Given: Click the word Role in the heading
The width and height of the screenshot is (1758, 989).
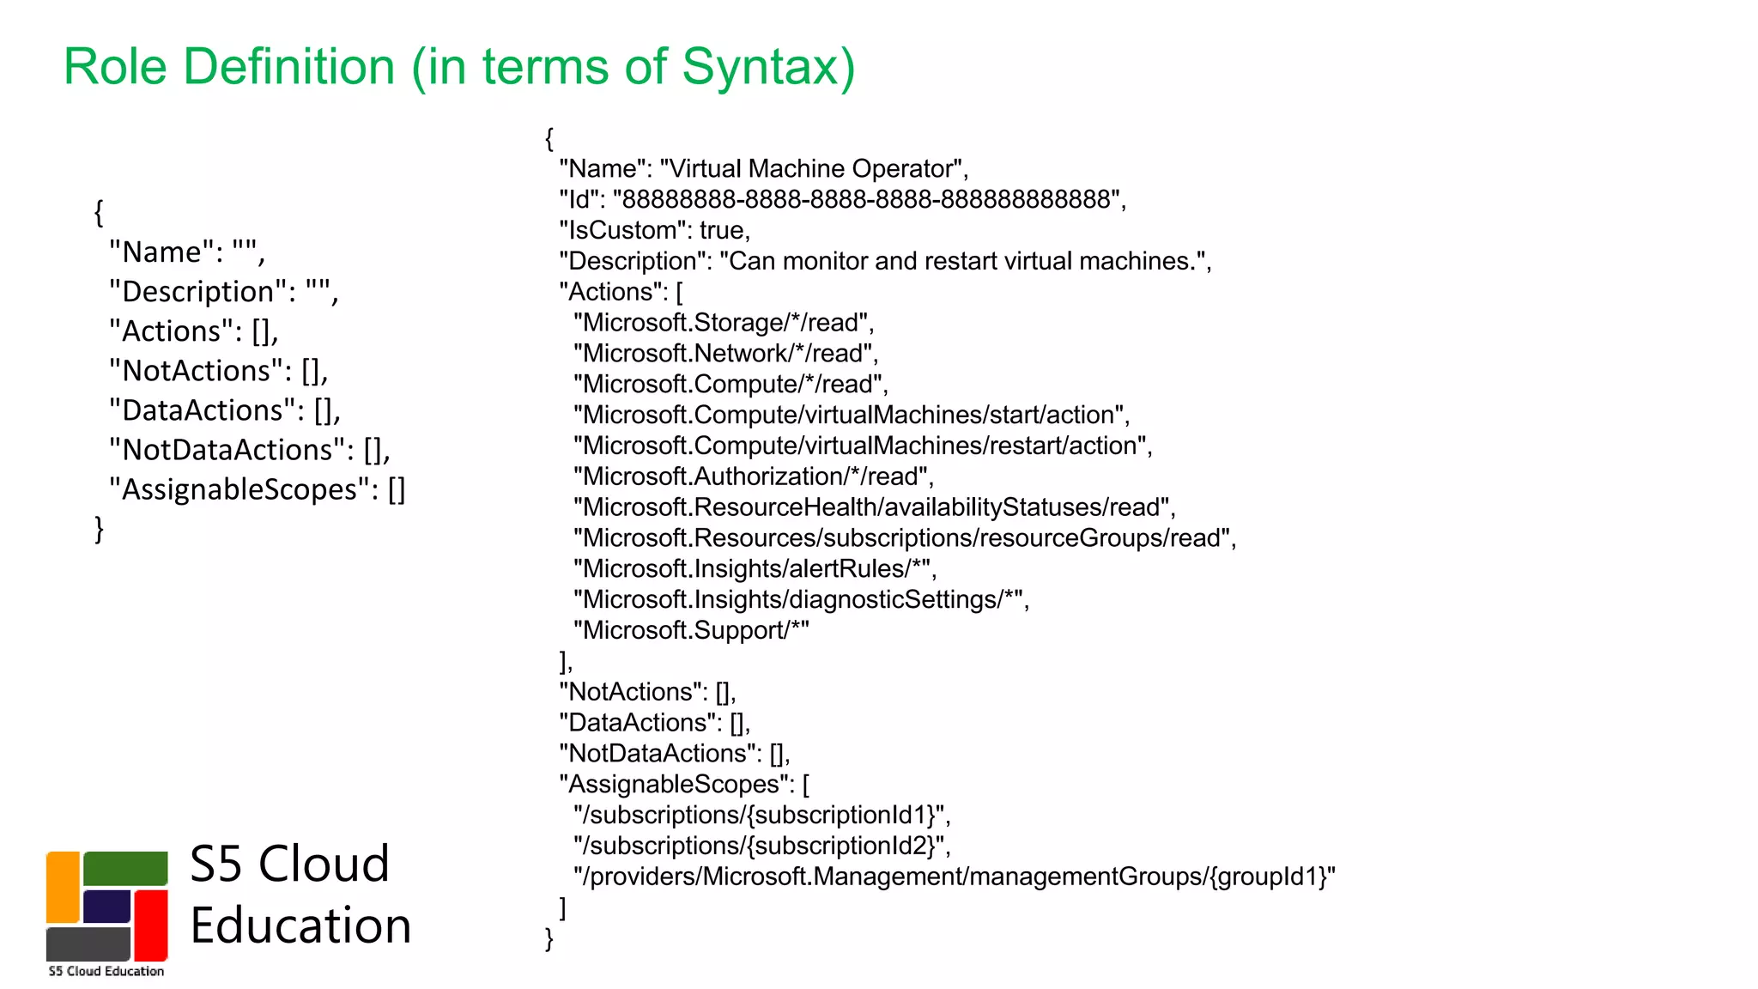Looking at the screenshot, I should pyautogui.click(x=114, y=67).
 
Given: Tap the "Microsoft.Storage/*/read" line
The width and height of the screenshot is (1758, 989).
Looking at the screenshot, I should pyautogui.click(x=723, y=323).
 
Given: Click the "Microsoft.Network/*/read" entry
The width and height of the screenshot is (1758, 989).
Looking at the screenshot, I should pyautogui.click(x=724, y=354).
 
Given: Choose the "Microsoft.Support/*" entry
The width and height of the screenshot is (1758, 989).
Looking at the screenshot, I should pyautogui.click(x=691, y=630).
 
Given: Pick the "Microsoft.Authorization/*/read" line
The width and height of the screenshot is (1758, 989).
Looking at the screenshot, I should pyautogui.click(x=752, y=476).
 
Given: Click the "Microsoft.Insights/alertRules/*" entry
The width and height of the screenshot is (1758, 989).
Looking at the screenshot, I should pyautogui.click(x=754, y=568).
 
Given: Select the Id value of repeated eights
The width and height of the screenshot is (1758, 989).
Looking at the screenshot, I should pyautogui.click(x=867, y=200).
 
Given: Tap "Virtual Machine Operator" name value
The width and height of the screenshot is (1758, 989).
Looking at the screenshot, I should pyautogui.click(x=813, y=169).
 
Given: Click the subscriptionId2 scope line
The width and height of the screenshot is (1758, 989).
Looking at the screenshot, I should pyautogui.click(x=761, y=846).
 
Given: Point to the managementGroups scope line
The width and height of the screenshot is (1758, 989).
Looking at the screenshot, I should pyautogui.click(x=954, y=877).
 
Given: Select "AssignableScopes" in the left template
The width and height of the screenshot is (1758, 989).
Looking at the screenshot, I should pyautogui.click(x=244, y=489).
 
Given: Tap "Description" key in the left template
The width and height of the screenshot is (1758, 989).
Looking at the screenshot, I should pyautogui.click(x=199, y=292).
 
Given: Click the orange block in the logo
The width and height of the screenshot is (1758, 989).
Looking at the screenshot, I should pyautogui.click(x=64, y=887).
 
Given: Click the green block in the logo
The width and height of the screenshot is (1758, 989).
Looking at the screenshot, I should pyautogui.click(x=125, y=868).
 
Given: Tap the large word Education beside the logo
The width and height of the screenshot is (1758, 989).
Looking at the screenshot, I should pyautogui.click(x=300, y=925).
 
